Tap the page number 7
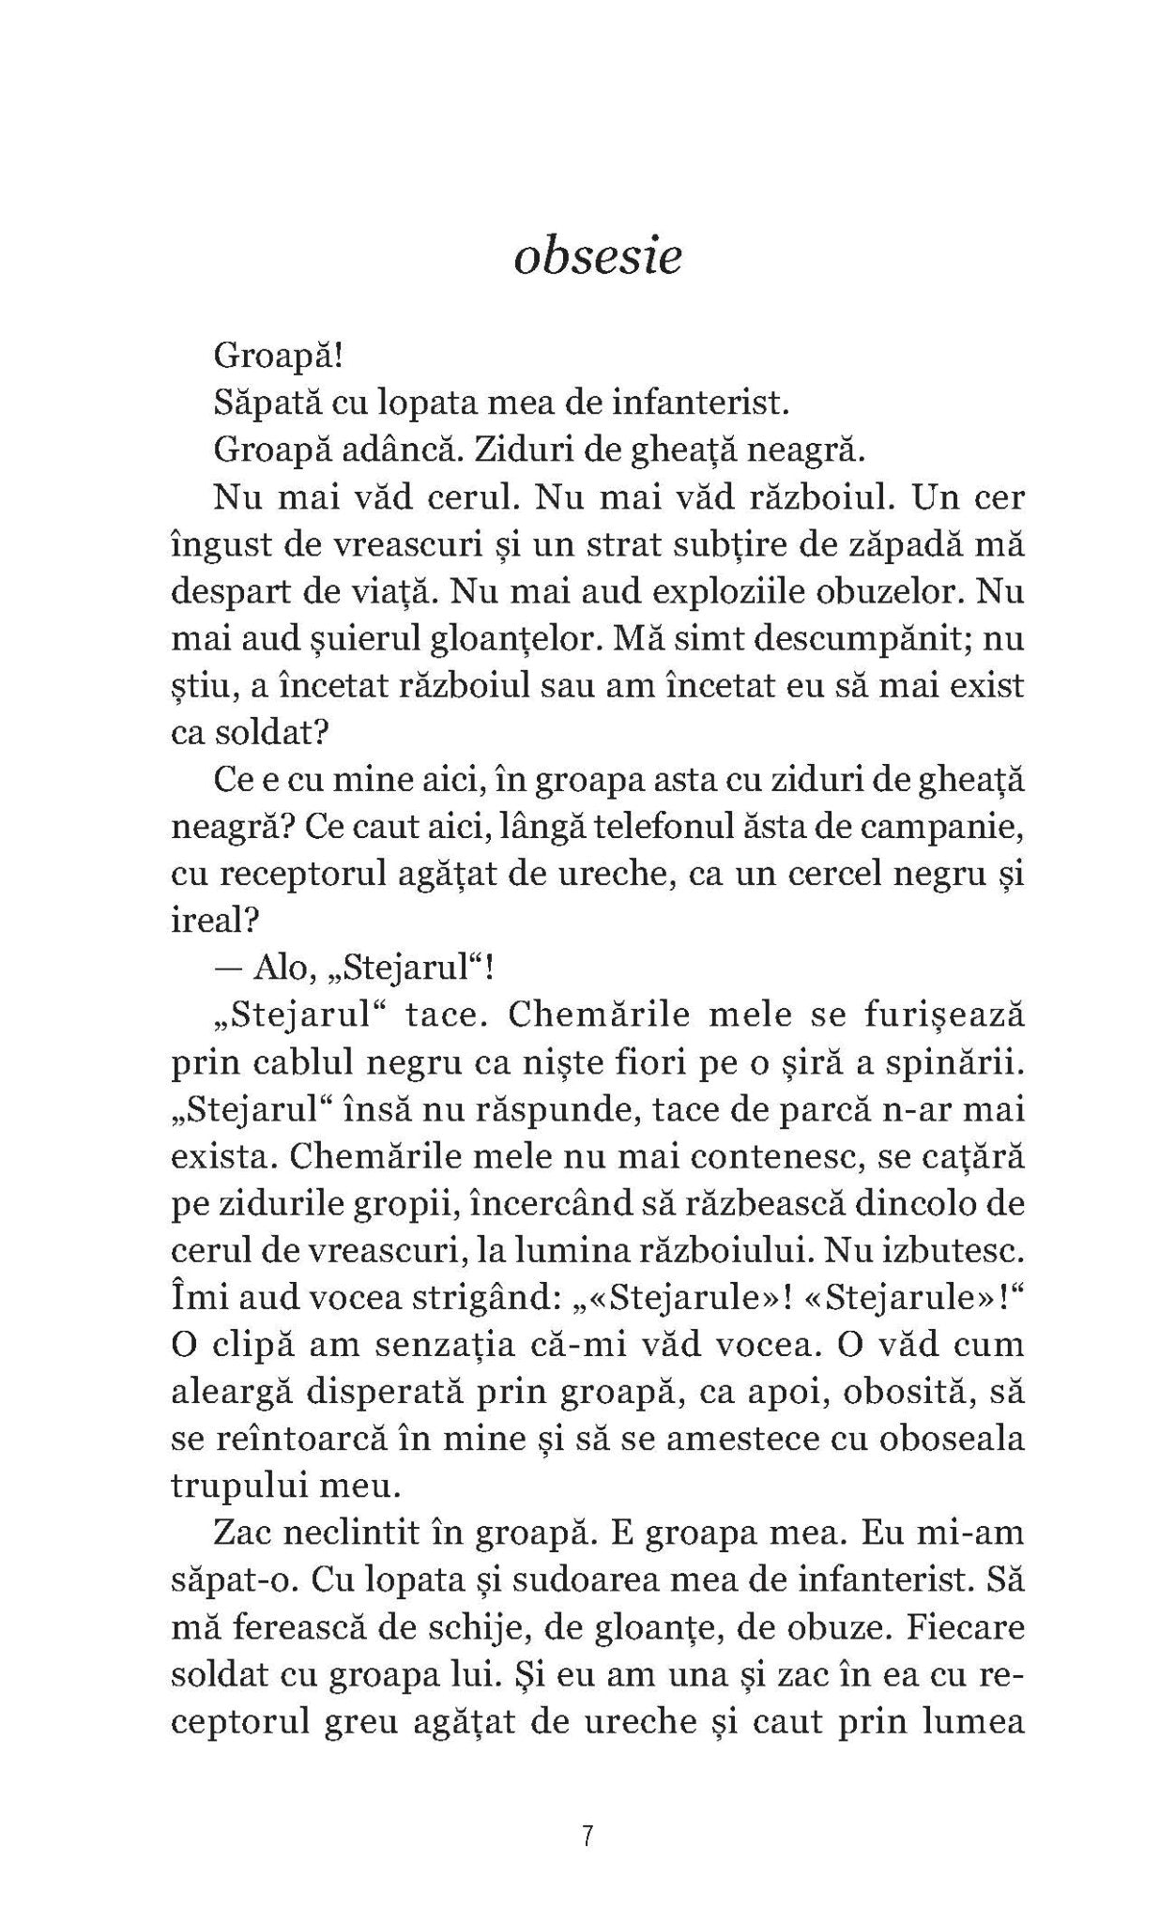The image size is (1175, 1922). coord(587,1837)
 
